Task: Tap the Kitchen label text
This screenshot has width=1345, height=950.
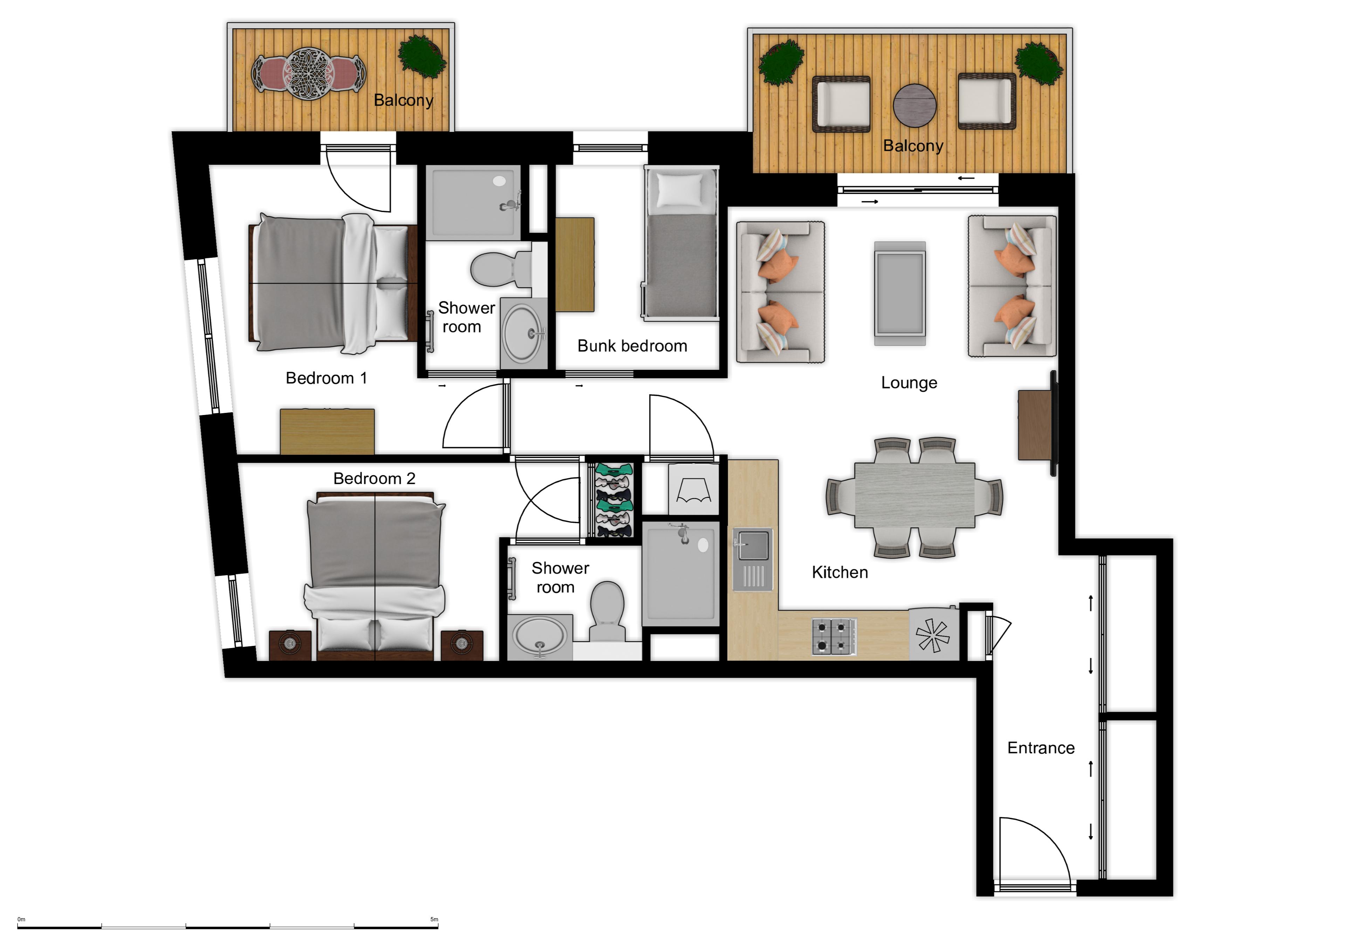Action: pos(840,572)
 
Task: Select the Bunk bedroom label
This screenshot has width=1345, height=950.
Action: pos(632,346)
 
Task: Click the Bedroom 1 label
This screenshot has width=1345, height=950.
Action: pos(326,378)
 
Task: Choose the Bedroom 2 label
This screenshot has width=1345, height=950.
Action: pos(374,479)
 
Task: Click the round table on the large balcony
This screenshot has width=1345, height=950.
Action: pos(915,105)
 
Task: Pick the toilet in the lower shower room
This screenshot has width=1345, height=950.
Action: pos(607,610)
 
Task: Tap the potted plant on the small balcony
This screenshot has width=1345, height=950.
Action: pos(422,56)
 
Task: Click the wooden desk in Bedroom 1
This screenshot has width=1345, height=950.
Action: pos(327,431)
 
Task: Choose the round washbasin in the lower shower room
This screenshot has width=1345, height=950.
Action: pos(539,636)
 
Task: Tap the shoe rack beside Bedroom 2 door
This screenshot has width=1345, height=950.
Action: pos(613,500)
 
